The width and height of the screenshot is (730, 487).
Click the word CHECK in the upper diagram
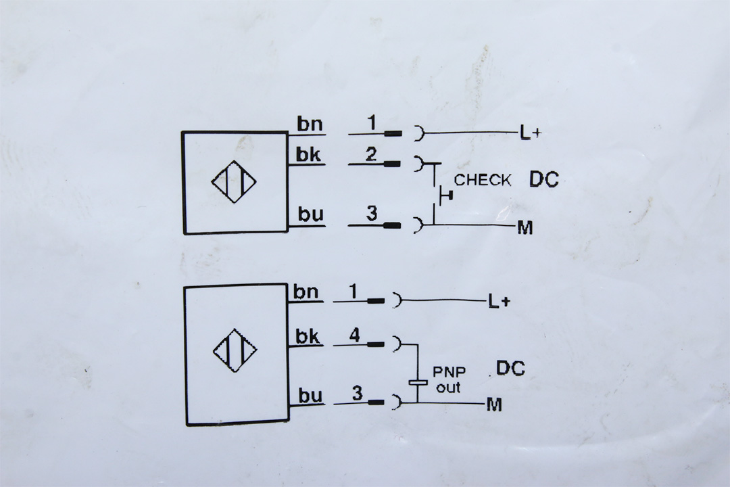click(483, 180)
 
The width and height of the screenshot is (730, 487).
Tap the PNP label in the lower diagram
click(449, 372)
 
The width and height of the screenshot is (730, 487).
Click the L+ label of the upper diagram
click(531, 134)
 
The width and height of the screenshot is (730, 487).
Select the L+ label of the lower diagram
click(499, 302)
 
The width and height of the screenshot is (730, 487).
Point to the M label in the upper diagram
click(525, 229)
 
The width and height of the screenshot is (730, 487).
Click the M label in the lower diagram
click(494, 404)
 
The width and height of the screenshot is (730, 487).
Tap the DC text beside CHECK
click(543, 179)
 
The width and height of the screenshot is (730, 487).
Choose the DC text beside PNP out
click(511, 368)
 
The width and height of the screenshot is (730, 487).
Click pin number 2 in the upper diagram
click(371, 154)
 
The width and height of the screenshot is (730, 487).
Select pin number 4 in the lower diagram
click(355, 335)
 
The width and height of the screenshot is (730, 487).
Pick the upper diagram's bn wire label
click(310, 124)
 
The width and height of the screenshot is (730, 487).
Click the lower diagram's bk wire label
click(308, 336)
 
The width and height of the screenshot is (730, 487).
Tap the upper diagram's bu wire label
click(310, 214)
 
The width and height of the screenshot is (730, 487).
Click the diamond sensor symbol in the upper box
click(234, 182)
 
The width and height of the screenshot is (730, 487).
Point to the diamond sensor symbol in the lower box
click(235, 350)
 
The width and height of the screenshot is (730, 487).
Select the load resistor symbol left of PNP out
click(418, 383)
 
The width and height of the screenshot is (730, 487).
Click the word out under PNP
click(448, 388)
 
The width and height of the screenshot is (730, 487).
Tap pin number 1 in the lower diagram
click(354, 292)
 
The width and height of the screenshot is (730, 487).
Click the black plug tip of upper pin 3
click(392, 226)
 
